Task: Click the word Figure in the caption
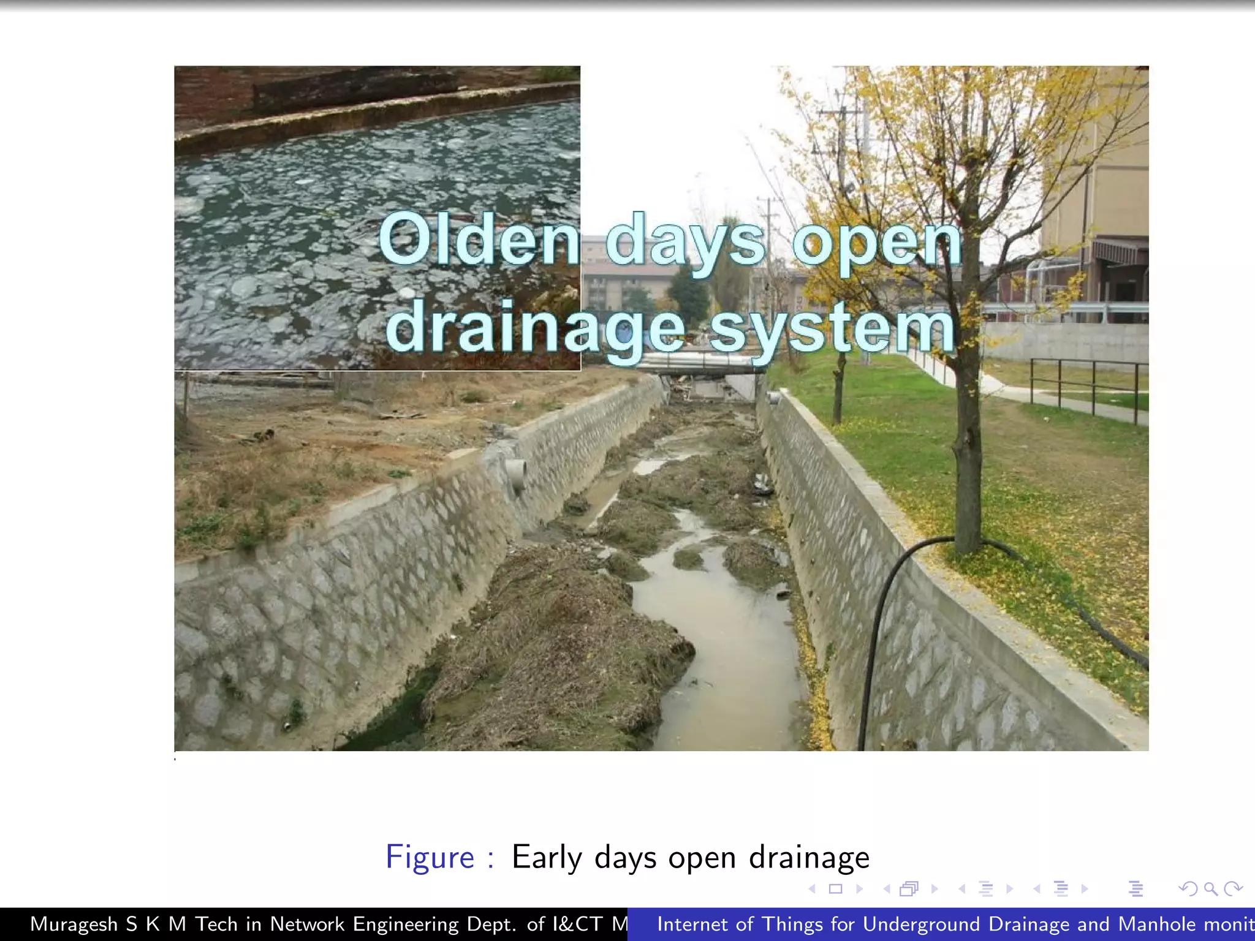pos(430,857)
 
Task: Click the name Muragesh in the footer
pos(74,924)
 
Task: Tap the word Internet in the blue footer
pos(694,924)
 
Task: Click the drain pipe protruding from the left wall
pos(517,473)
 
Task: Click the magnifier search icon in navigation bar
pos(1210,888)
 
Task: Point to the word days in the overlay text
pos(685,242)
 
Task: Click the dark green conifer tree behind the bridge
pos(689,294)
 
